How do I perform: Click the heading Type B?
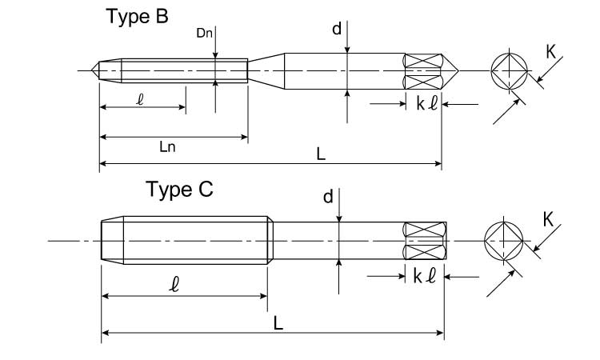pyautogui.click(x=138, y=17)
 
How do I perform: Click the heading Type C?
pyautogui.click(x=179, y=190)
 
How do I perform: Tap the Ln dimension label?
pyautogui.click(x=168, y=147)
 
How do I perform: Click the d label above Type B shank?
pyautogui.click(x=337, y=29)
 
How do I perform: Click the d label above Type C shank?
pyautogui.click(x=328, y=197)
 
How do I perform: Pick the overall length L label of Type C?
pyautogui.click(x=277, y=322)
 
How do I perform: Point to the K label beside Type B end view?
pyautogui.click(x=551, y=52)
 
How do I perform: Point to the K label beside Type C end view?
pyautogui.click(x=550, y=218)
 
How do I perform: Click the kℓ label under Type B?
pyautogui.click(x=426, y=105)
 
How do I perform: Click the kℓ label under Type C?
pyautogui.click(x=424, y=277)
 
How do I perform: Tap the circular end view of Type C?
pyautogui.click(x=504, y=240)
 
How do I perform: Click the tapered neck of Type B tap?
pyautogui.click(x=266, y=70)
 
